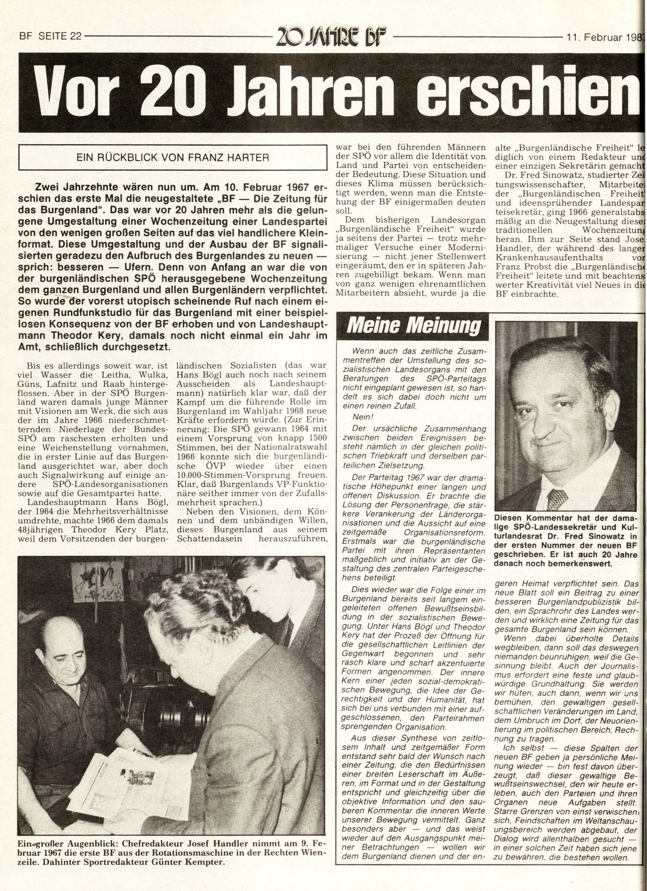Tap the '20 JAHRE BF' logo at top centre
tap(331, 36)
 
